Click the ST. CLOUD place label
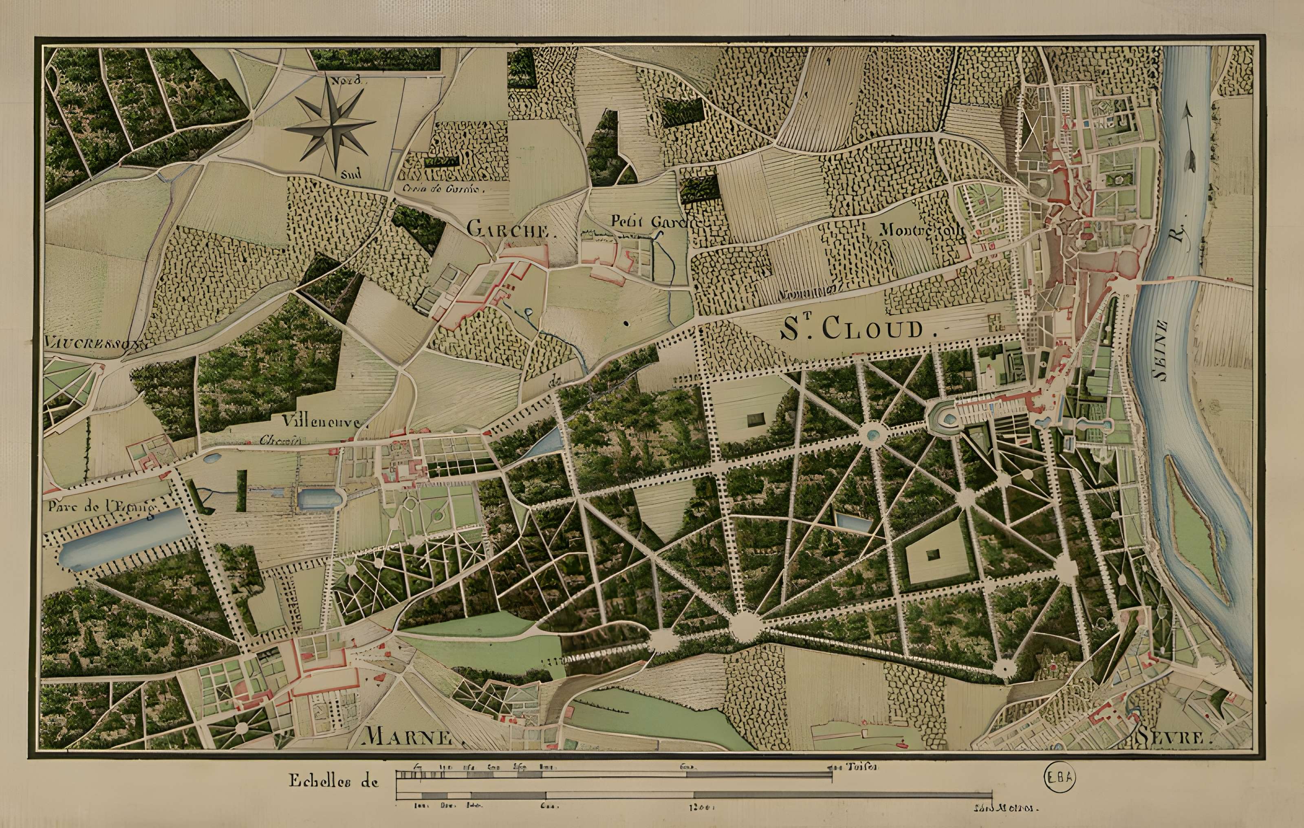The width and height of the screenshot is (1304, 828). (x=853, y=329)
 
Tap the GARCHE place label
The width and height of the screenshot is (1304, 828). (x=508, y=229)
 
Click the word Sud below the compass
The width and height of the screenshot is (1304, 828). (x=350, y=175)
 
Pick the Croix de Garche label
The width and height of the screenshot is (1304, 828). (x=441, y=189)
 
